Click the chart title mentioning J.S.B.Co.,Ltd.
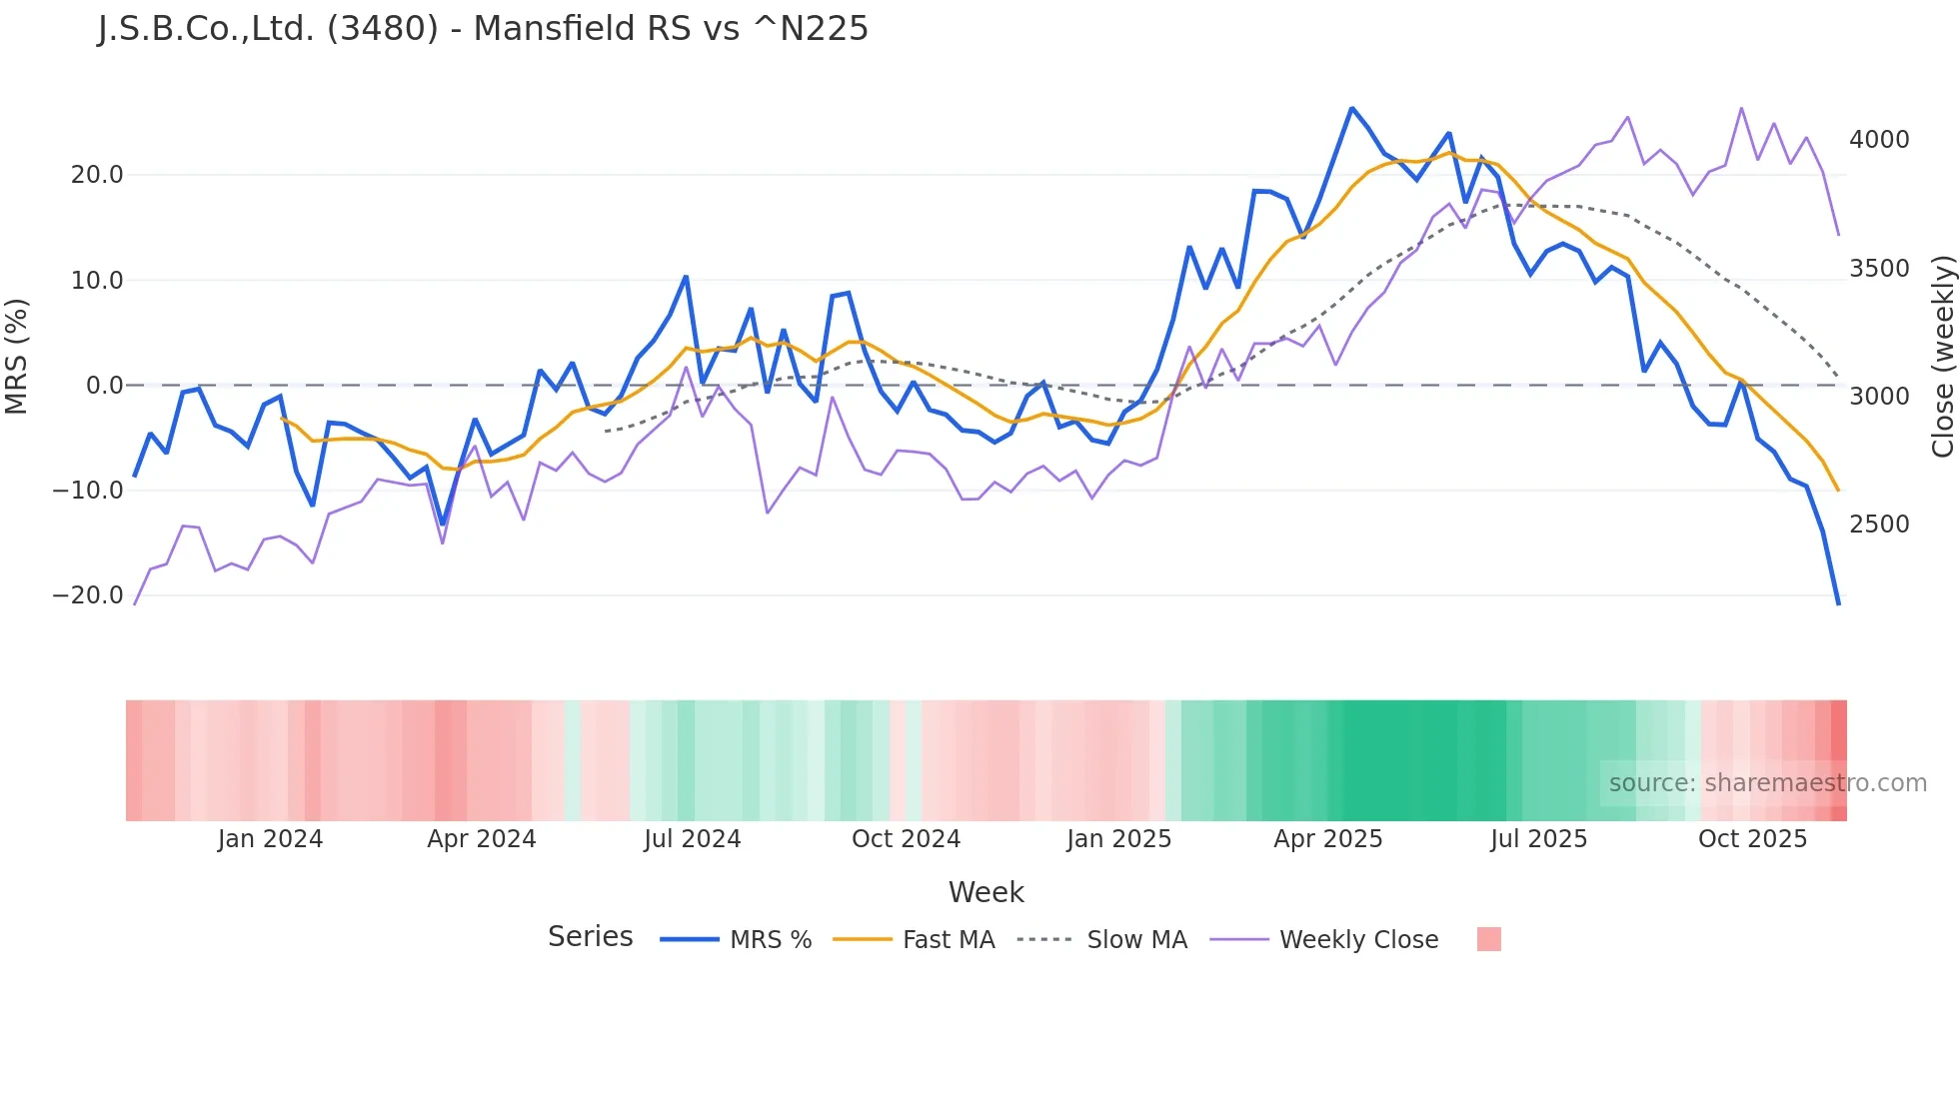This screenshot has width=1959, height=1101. point(483,29)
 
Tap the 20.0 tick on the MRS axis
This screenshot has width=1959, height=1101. point(97,175)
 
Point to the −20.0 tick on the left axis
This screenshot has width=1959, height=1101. point(88,595)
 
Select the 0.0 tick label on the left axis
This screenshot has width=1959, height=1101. point(104,386)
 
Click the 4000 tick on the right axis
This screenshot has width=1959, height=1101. point(1879,140)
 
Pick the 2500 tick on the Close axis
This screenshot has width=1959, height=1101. point(1879,525)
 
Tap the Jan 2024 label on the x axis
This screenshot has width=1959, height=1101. point(270,839)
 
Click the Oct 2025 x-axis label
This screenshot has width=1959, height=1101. point(1752,839)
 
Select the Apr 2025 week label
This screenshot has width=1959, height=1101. point(1327,839)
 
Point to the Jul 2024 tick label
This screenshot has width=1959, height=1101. point(692,839)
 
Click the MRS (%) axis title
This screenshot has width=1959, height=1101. point(17,356)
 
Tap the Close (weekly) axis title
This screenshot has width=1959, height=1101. point(1942,357)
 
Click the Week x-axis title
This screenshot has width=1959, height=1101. point(985,892)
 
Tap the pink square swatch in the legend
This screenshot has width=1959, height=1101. point(1488,939)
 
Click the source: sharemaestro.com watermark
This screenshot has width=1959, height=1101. point(1767,783)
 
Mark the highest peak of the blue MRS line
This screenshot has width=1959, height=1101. point(1351,108)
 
